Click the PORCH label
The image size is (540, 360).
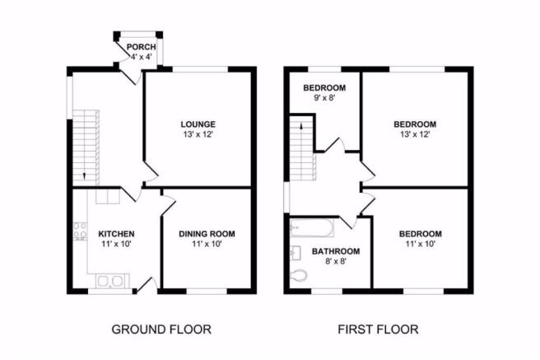coord(142,47)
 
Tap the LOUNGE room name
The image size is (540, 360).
coord(198,124)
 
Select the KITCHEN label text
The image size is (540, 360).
coord(116,234)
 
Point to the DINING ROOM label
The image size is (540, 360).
coord(207,234)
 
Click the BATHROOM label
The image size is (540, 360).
coord(336,251)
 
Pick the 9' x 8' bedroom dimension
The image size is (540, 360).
coord(324,98)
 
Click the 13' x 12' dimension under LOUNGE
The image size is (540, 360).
coord(198,134)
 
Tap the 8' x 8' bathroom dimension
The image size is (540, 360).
coord(336,261)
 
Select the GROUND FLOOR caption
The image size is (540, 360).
coord(161,330)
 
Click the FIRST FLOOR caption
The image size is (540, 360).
coord(378,330)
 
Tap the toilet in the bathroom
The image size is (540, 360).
coord(298,275)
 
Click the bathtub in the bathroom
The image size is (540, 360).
coord(312,227)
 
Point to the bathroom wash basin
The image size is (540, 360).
coord(296,253)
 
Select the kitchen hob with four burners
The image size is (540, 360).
coord(80,231)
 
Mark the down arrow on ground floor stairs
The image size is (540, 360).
coord(85,176)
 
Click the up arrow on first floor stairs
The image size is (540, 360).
coord(301,126)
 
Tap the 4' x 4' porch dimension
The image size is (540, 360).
coord(142,57)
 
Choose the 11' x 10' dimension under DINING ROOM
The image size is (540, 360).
coord(207,244)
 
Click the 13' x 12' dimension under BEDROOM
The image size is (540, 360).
coord(415,134)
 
